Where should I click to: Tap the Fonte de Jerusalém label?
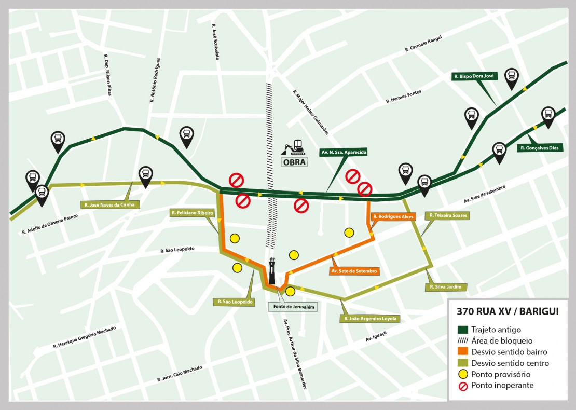(x=294, y=307)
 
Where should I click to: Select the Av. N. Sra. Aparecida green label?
(x=344, y=153)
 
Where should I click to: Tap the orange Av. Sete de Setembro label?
(x=354, y=271)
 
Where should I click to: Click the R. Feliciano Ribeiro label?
(x=192, y=213)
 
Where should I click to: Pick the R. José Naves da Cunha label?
(x=111, y=204)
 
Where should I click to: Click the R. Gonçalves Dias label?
(x=540, y=148)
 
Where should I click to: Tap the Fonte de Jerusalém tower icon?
(x=272, y=270)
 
